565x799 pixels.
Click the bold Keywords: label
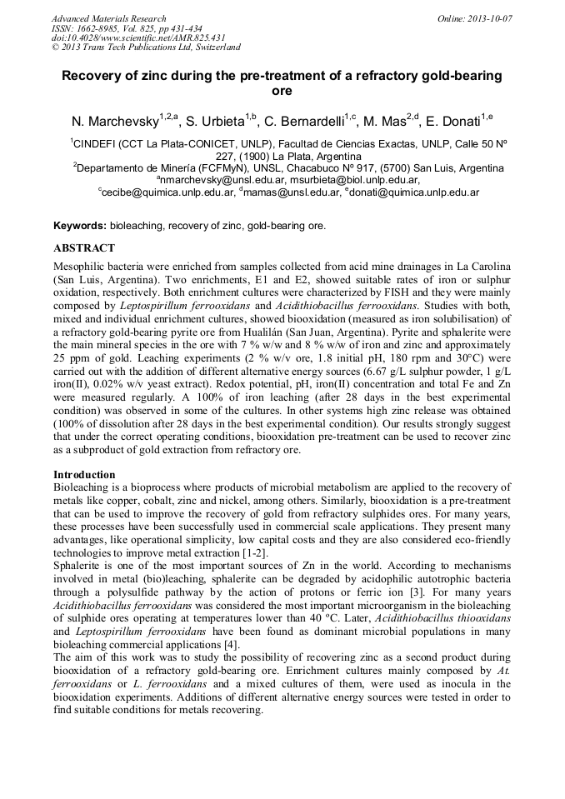coord(80,226)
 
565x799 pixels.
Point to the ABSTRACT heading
coord(84,248)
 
